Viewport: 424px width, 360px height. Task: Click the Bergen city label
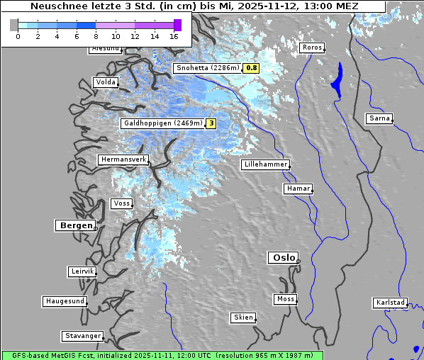pyautogui.click(x=74, y=225)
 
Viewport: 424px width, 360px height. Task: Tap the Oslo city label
pyautogui.click(x=282, y=258)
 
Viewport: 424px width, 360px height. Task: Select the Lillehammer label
pyautogui.click(x=265, y=164)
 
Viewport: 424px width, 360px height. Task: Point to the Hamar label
pyautogui.click(x=297, y=189)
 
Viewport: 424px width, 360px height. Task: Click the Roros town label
pyautogui.click(x=311, y=47)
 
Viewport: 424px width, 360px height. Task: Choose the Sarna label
pyautogui.click(x=379, y=118)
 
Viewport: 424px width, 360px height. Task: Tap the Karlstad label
pyautogui.click(x=390, y=303)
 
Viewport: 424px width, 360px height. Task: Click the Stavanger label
pyautogui.click(x=82, y=336)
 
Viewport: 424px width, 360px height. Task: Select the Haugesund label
pyautogui.click(x=65, y=301)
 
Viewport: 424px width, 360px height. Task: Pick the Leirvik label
pyautogui.click(x=82, y=271)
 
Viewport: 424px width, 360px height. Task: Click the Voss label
pyautogui.click(x=121, y=203)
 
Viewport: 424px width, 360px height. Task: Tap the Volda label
pyautogui.click(x=105, y=82)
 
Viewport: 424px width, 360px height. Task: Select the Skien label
pyautogui.click(x=242, y=317)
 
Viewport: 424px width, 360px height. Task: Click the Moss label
pyautogui.click(x=285, y=299)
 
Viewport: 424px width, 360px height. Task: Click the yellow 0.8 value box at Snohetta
pyautogui.click(x=251, y=68)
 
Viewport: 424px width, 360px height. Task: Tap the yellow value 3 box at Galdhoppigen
pyautogui.click(x=211, y=123)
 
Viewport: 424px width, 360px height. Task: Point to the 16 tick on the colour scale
pyautogui.click(x=174, y=36)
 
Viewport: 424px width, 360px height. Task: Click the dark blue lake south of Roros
pyautogui.click(x=336, y=79)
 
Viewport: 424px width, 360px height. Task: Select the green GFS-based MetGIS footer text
pyautogui.click(x=162, y=355)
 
